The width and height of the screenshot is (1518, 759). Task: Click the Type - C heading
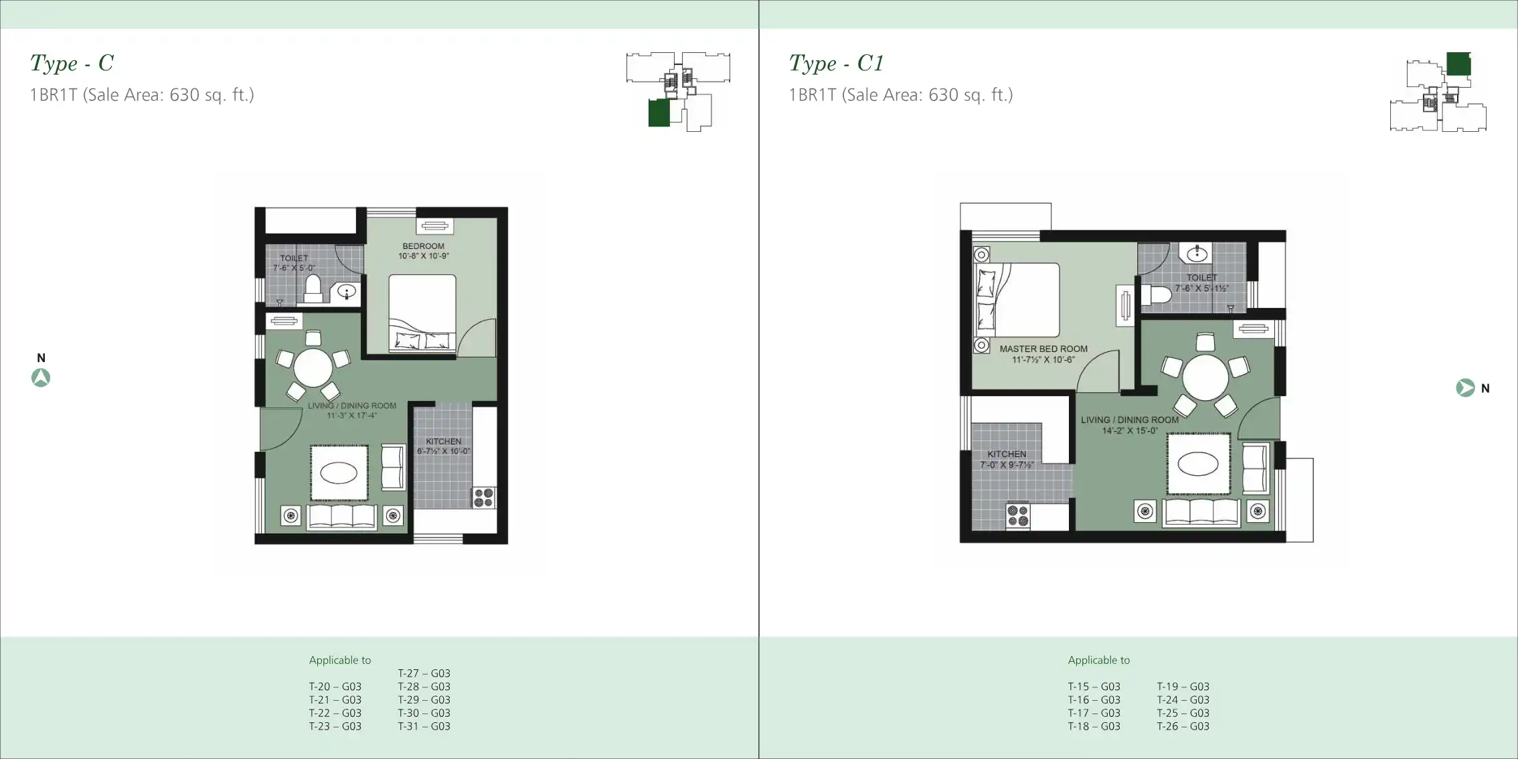point(72,64)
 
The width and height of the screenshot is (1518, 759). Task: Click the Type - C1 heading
point(836,64)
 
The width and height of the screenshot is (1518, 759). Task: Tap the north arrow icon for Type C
point(41,378)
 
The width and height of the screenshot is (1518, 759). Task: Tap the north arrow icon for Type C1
point(1465,388)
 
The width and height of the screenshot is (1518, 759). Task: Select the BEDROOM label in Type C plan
point(423,246)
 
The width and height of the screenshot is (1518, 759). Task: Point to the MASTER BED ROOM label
point(1043,349)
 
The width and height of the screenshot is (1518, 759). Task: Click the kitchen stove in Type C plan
point(484,497)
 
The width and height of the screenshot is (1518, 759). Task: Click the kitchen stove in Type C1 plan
point(1018,515)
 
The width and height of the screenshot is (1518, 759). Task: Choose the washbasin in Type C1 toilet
point(1197,254)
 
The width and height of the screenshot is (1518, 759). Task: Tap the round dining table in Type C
point(313,367)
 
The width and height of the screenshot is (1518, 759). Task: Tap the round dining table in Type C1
point(1205,377)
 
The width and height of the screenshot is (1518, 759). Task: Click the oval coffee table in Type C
point(339,473)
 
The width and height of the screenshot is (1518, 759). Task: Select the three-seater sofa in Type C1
point(1201,513)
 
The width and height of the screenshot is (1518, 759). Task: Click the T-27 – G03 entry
point(424,673)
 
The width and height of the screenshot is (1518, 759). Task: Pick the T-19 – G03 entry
point(1183,687)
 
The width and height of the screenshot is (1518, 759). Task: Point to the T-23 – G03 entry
point(335,726)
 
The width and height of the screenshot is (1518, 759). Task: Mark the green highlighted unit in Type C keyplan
point(659,113)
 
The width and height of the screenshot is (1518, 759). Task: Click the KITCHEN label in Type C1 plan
point(1006,454)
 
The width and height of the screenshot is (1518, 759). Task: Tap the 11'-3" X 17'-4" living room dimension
point(351,416)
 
